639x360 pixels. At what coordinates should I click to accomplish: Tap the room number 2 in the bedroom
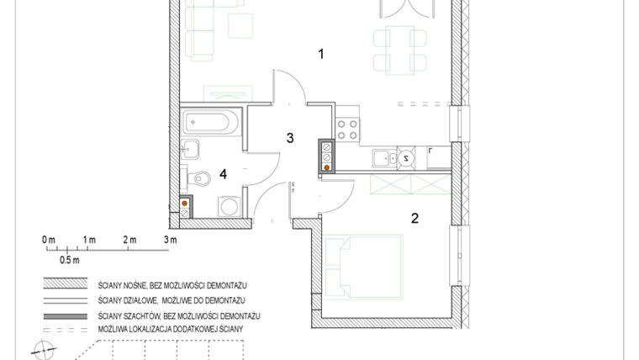tap(415, 218)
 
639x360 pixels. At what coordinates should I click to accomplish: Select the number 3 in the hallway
tap(289, 138)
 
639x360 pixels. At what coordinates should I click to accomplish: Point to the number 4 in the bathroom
tap(223, 174)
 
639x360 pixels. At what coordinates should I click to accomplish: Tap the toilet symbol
tap(198, 178)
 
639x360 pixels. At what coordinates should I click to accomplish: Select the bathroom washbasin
tap(190, 150)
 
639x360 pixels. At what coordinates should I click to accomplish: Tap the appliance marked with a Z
tap(406, 157)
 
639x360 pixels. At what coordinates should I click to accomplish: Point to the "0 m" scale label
tap(48, 241)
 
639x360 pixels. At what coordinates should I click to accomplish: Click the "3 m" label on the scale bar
tap(171, 241)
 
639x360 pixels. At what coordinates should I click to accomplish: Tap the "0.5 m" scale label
tap(69, 260)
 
